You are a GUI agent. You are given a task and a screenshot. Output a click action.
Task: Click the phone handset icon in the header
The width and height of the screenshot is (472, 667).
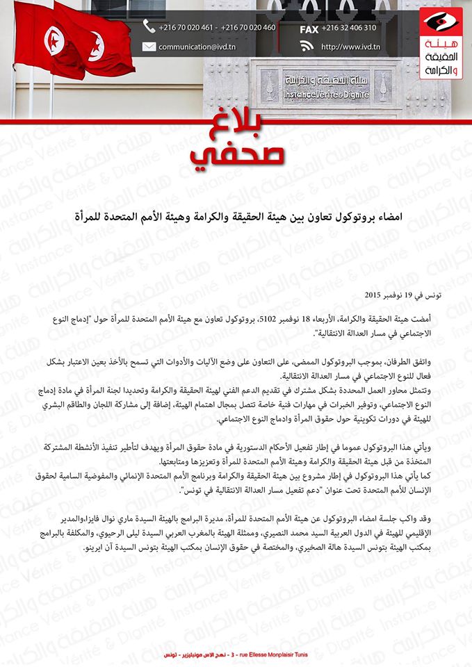149,27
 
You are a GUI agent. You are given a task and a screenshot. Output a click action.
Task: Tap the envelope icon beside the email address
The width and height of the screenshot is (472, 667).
149,47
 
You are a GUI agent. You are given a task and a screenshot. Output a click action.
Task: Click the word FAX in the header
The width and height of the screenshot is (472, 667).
309,29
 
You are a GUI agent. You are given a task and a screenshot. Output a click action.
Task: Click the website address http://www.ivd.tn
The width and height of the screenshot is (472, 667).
350,47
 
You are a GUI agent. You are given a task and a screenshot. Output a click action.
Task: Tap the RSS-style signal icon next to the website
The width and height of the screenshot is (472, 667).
307,47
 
